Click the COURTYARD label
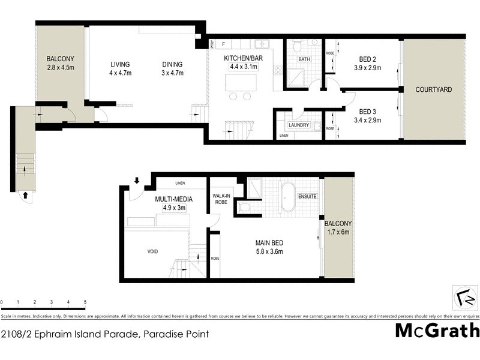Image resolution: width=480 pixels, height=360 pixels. [x=434, y=89]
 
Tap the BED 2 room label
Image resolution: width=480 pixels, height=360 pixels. [x=367, y=59]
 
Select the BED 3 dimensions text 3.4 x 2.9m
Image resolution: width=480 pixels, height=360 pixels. [x=370, y=120]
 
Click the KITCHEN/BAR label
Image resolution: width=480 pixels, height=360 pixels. [x=244, y=58]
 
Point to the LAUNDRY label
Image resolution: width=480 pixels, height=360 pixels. [x=298, y=125]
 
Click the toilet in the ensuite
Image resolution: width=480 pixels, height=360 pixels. [x=244, y=207]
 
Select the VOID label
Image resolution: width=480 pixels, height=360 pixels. [x=152, y=251]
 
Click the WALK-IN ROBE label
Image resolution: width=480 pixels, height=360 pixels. [x=222, y=199]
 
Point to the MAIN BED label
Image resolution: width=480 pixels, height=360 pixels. [x=269, y=242]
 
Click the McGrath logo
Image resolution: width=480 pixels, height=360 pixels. [x=437, y=331]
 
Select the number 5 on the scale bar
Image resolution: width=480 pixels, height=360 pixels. [x=85, y=302]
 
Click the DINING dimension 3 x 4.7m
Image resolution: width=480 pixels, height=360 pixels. [x=172, y=73]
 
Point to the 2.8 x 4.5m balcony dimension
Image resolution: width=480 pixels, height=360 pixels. [x=60, y=68]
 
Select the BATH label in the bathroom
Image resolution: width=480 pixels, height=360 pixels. [x=304, y=59]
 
